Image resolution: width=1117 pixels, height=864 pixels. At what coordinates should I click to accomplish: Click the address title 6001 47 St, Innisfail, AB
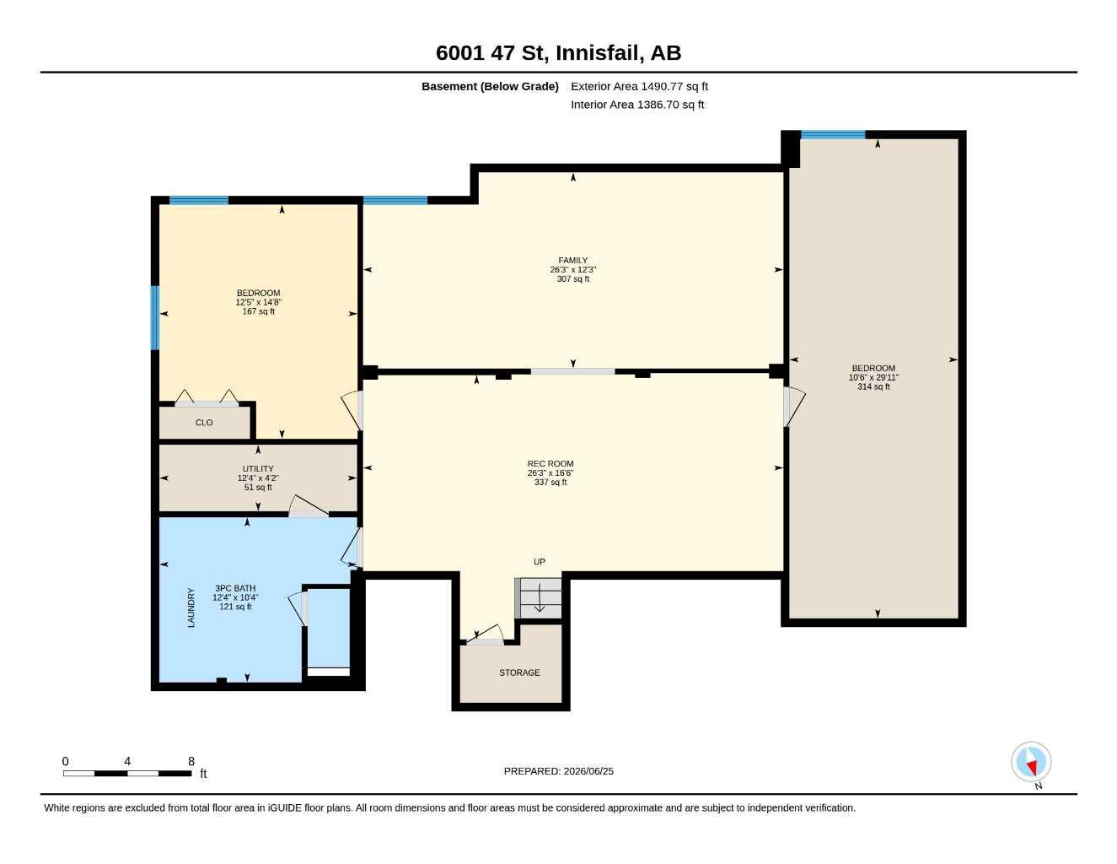coord(558,53)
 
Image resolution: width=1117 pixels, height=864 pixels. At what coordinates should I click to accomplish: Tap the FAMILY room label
coord(572,260)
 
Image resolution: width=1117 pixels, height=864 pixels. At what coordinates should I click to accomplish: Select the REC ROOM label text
coord(550,463)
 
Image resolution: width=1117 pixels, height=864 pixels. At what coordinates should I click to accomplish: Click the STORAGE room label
coord(519,672)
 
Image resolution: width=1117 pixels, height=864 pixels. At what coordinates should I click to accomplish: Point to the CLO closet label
coord(203,423)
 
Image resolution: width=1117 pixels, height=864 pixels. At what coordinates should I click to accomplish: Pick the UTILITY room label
coord(257,468)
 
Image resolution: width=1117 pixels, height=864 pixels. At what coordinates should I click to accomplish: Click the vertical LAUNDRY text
coord(191,607)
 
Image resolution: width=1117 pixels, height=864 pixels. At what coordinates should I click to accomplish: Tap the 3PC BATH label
coord(235,588)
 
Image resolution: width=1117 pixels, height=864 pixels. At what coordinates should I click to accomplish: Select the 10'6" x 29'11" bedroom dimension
coord(873,377)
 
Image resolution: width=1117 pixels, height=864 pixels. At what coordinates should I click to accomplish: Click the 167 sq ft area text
coord(258,311)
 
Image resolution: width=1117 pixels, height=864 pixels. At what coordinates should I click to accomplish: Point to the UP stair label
coord(540,562)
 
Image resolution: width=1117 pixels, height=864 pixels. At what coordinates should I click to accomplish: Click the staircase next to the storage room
coord(538,597)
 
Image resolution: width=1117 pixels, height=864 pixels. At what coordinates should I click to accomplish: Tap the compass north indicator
coord(1031,762)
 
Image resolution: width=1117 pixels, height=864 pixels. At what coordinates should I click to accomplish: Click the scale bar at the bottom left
coord(127,773)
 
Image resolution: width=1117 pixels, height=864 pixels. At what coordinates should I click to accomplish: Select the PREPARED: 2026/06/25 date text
coord(558,771)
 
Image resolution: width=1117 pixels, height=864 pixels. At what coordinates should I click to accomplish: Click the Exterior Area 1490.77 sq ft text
coord(639,86)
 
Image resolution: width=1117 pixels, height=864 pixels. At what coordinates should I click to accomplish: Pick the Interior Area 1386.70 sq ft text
coord(636,105)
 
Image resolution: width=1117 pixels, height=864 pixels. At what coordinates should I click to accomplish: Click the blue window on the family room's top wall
coord(395,200)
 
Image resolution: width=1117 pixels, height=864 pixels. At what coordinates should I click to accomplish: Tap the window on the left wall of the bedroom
coord(155,318)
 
